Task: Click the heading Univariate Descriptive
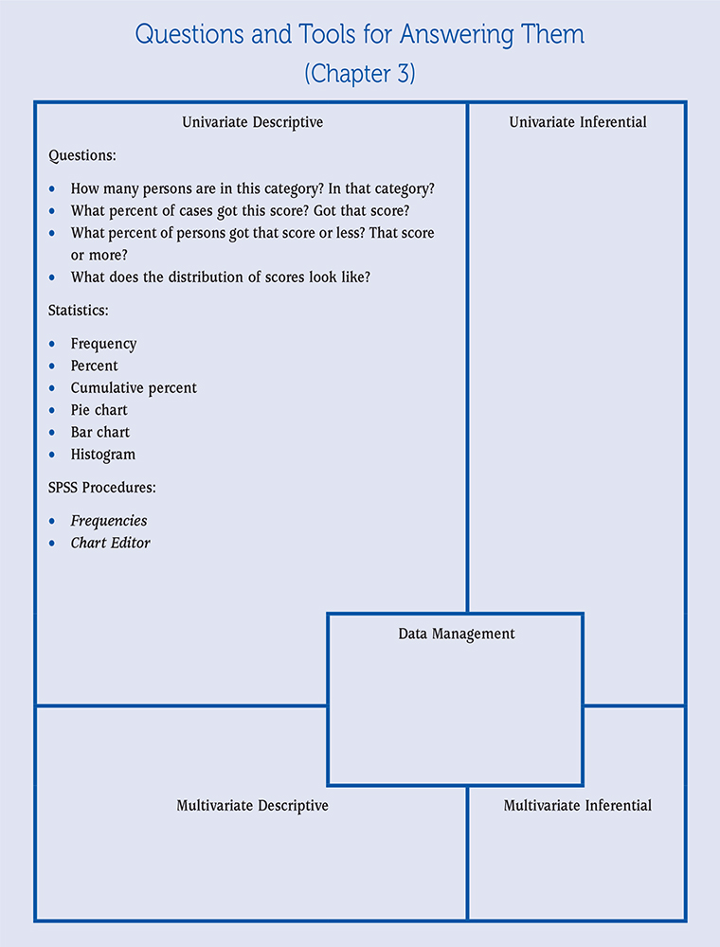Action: pos(252,122)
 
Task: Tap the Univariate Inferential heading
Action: pos(578,122)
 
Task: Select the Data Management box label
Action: pos(457,634)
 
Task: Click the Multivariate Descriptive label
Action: pos(252,806)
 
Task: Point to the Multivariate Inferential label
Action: pos(578,806)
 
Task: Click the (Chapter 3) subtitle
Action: pos(360,74)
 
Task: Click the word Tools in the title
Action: pos(360,35)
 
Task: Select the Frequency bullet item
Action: pos(103,344)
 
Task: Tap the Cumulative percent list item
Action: pos(134,388)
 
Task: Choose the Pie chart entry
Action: pos(99,410)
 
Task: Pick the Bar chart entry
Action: pos(100,432)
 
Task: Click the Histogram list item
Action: pos(103,455)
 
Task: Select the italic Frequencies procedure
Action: pos(109,521)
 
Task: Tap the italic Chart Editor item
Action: pos(111,543)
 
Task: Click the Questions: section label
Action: pos(81,155)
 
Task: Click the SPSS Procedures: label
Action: pos(101,488)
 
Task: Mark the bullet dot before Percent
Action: pos(51,366)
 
